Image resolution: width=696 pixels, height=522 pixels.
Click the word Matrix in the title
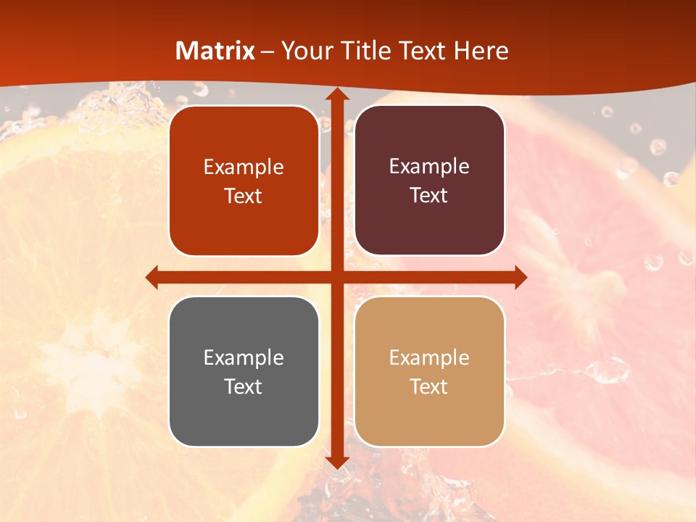(215, 51)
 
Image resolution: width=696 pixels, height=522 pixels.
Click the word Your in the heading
(304, 51)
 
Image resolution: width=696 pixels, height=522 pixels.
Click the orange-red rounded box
(244, 181)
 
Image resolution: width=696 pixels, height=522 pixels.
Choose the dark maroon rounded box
(429, 181)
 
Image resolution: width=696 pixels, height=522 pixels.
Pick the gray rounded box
(244, 371)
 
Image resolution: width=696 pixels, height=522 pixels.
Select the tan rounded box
(429, 371)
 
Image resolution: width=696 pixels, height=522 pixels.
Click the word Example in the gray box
(244, 357)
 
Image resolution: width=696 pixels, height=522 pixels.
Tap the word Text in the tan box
(429, 386)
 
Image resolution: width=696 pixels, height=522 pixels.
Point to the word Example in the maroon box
(429, 166)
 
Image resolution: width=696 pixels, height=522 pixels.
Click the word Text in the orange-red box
(244, 196)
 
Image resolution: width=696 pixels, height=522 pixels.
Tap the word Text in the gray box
(244, 386)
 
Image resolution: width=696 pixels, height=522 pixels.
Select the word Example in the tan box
(429, 357)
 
